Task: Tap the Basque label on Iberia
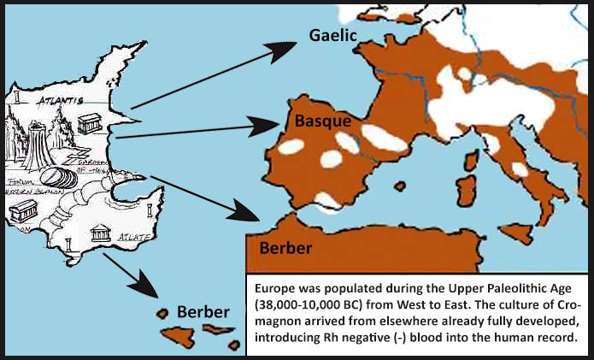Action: (x=323, y=121)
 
